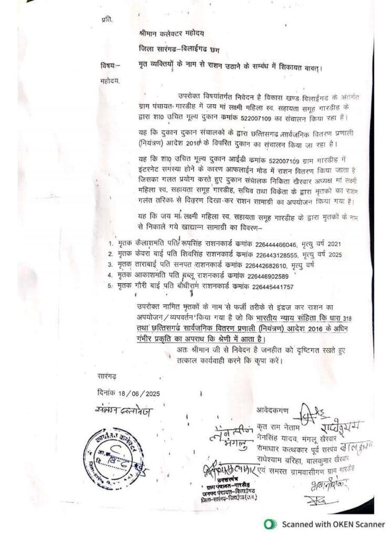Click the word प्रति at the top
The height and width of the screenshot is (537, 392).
[x=106, y=19]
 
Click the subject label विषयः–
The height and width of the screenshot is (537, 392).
[x=109, y=66]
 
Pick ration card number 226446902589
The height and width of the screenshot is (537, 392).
[x=269, y=275]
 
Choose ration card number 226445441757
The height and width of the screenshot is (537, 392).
[x=270, y=287]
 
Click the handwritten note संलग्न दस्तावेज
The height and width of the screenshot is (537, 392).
[x=124, y=411]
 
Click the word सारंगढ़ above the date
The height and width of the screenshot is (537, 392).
[x=109, y=377]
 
